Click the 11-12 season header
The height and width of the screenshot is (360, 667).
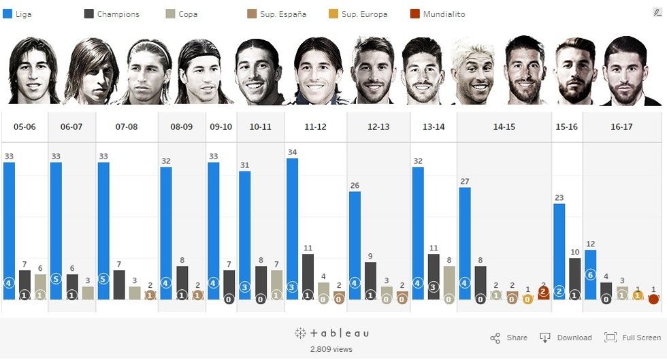click(x=315, y=127)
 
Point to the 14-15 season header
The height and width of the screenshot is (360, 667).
click(x=504, y=127)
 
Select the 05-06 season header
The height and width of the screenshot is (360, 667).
click(x=25, y=127)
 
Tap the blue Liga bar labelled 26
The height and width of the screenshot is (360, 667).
click(x=355, y=245)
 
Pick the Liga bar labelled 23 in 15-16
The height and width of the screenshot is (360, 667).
click(x=559, y=250)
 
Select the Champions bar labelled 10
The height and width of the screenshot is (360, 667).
click(x=574, y=278)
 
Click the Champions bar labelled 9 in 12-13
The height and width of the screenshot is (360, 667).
click(x=370, y=280)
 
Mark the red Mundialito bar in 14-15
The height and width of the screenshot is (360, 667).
click(x=544, y=293)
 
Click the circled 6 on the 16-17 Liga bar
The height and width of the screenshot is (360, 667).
click(x=590, y=276)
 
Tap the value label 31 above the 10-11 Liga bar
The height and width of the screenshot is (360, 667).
click(x=244, y=165)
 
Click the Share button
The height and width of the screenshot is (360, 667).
click(x=509, y=338)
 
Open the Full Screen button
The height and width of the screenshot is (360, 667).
click(x=632, y=338)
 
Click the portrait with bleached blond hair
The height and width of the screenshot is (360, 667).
click(x=473, y=71)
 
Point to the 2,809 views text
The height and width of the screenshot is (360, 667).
click(x=331, y=348)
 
